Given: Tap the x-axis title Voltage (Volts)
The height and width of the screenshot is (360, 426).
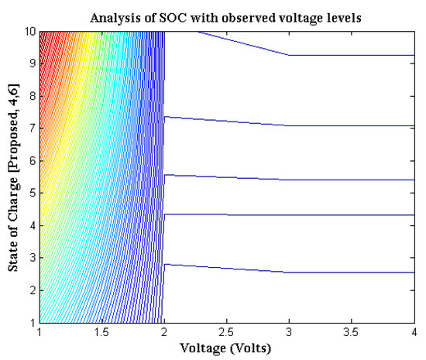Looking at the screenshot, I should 225,348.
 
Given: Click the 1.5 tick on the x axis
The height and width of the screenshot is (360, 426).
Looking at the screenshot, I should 101,333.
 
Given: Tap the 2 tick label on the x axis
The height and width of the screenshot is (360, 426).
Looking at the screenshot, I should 164,333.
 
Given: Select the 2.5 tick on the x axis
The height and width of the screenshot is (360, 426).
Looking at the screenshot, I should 226,333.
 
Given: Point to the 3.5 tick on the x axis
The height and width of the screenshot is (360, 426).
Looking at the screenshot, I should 351,333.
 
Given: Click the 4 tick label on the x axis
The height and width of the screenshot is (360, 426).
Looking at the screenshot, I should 413,333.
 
